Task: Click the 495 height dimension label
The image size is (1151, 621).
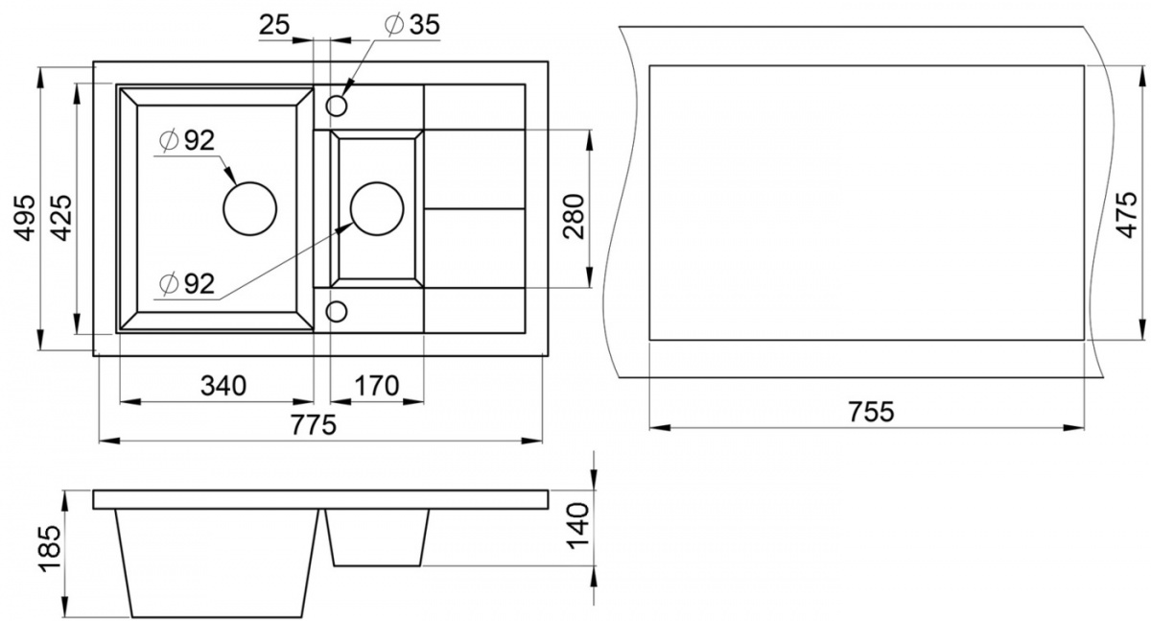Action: click(24, 218)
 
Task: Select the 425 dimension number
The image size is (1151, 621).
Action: click(62, 218)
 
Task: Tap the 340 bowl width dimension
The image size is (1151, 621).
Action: click(223, 386)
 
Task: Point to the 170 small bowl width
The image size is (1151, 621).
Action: click(377, 386)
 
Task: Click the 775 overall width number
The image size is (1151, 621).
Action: click(314, 424)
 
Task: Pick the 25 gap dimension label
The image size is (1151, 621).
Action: click(275, 25)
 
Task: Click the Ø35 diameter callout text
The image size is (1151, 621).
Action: click(412, 25)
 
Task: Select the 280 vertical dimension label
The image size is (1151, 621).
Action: click(574, 216)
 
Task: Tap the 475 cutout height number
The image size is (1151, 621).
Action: click(1127, 215)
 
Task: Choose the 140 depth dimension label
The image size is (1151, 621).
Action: click(577, 526)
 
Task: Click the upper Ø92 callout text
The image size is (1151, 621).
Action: click(187, 141)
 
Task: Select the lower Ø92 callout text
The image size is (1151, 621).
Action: click(187, 284)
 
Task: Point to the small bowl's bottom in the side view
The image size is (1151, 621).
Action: click(378, 566)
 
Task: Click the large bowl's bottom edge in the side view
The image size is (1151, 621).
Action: click(218, 617)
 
